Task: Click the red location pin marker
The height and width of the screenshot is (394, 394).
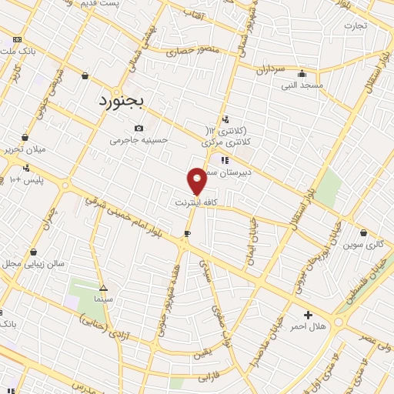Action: coord(198,180)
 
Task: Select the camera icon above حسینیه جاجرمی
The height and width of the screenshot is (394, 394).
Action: coord(139,128)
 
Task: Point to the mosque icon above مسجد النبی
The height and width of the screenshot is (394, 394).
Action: coord(300,75)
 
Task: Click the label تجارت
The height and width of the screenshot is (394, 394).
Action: coord(356,25)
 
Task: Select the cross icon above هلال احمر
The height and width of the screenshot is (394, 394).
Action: coord(308,314)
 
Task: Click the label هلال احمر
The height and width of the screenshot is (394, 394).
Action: coord(308,326)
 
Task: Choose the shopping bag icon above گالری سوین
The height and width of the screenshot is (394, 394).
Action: coord(364,232)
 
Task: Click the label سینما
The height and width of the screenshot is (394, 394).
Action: coord(102,297)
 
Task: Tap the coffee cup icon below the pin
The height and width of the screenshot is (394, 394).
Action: coord(187,233)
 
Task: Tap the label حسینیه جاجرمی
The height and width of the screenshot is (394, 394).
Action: coord(139,140)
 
